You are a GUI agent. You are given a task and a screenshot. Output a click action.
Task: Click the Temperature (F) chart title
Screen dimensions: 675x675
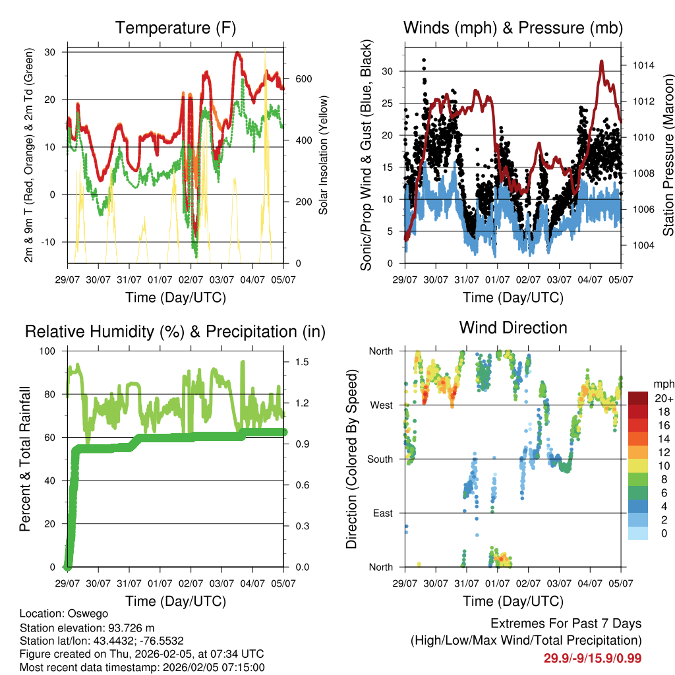pos(175,28)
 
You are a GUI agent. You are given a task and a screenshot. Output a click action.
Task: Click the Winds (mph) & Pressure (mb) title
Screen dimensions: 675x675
pos(513,28)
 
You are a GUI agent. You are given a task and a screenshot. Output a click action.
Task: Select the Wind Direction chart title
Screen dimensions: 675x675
pos(513,328)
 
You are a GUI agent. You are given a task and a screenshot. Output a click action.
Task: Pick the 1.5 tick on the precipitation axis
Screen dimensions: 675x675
pos(303,362)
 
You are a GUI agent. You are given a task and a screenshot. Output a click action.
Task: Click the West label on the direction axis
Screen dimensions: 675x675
pos(380,405)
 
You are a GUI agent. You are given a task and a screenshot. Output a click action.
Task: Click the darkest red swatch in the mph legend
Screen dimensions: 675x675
pos(637,398)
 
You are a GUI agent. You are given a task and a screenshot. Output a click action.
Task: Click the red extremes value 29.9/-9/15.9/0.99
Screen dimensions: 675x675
pos(593,658)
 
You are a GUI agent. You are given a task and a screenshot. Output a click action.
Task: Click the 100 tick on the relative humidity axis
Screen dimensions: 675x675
pos(49,351)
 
